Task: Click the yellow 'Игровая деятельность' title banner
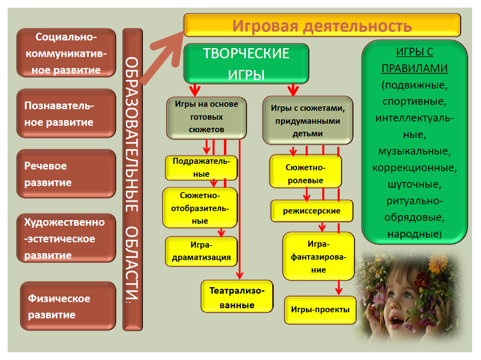(322, 25)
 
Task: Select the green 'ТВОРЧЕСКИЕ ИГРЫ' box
(246, 64)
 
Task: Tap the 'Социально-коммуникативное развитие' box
(66, 53)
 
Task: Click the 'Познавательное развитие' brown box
(66, 113)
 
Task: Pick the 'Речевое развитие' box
(66, 174)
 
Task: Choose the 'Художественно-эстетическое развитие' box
(66, 238)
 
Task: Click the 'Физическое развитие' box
(68, 306)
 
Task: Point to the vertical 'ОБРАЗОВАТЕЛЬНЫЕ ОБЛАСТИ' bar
(132, 180)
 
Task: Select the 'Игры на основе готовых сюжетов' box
(206, 118)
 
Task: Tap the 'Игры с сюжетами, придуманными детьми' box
(308, 121)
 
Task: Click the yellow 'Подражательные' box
(201, 168)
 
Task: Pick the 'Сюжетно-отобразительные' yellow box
(200, 208)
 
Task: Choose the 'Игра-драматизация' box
(201, 252)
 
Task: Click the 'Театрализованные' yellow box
(237, 296)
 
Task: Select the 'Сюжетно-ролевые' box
(306, 172)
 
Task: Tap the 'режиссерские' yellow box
(312, 211)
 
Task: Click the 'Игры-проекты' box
(320, 310)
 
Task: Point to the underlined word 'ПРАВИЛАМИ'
(415, 68)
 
